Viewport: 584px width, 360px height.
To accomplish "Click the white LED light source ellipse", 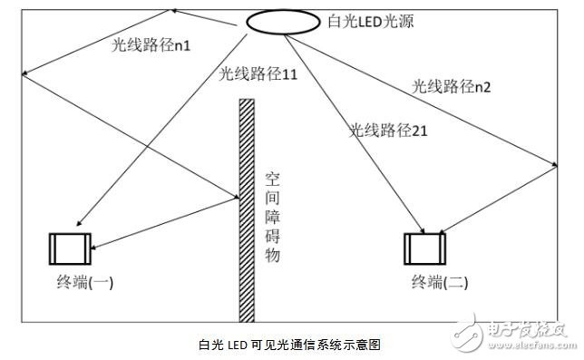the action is click(283, 22).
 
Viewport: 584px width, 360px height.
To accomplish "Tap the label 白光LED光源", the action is click(371, 21).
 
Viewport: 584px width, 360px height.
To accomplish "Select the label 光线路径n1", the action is click(151, 45).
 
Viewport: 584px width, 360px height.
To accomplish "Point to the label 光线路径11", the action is click(258, 73).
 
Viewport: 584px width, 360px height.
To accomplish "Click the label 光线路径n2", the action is click(451, 86).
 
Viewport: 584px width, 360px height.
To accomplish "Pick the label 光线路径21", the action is click(388, 131).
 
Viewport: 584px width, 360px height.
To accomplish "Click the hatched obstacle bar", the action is click(247, 210).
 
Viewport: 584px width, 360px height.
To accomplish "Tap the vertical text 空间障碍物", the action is click(272, 217).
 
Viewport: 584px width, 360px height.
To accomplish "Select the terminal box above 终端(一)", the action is click(70, 249).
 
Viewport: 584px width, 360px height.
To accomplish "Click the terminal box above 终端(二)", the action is click(425, 249).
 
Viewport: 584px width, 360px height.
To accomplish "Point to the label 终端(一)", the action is click(85, 282).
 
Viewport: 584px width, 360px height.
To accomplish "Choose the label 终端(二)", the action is click(440, 282).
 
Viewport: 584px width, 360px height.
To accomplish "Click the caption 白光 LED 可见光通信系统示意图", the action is click(290, 345).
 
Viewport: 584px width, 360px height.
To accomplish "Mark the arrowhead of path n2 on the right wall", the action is click(555, 164).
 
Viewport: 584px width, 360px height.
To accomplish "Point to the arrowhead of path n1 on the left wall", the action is click(24, 73).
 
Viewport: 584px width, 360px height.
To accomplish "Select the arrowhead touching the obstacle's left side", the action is click(236, 196).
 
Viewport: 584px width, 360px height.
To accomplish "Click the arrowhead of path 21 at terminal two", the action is click(422, 230).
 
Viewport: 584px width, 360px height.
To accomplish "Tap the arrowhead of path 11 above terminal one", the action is click(79, 223).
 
